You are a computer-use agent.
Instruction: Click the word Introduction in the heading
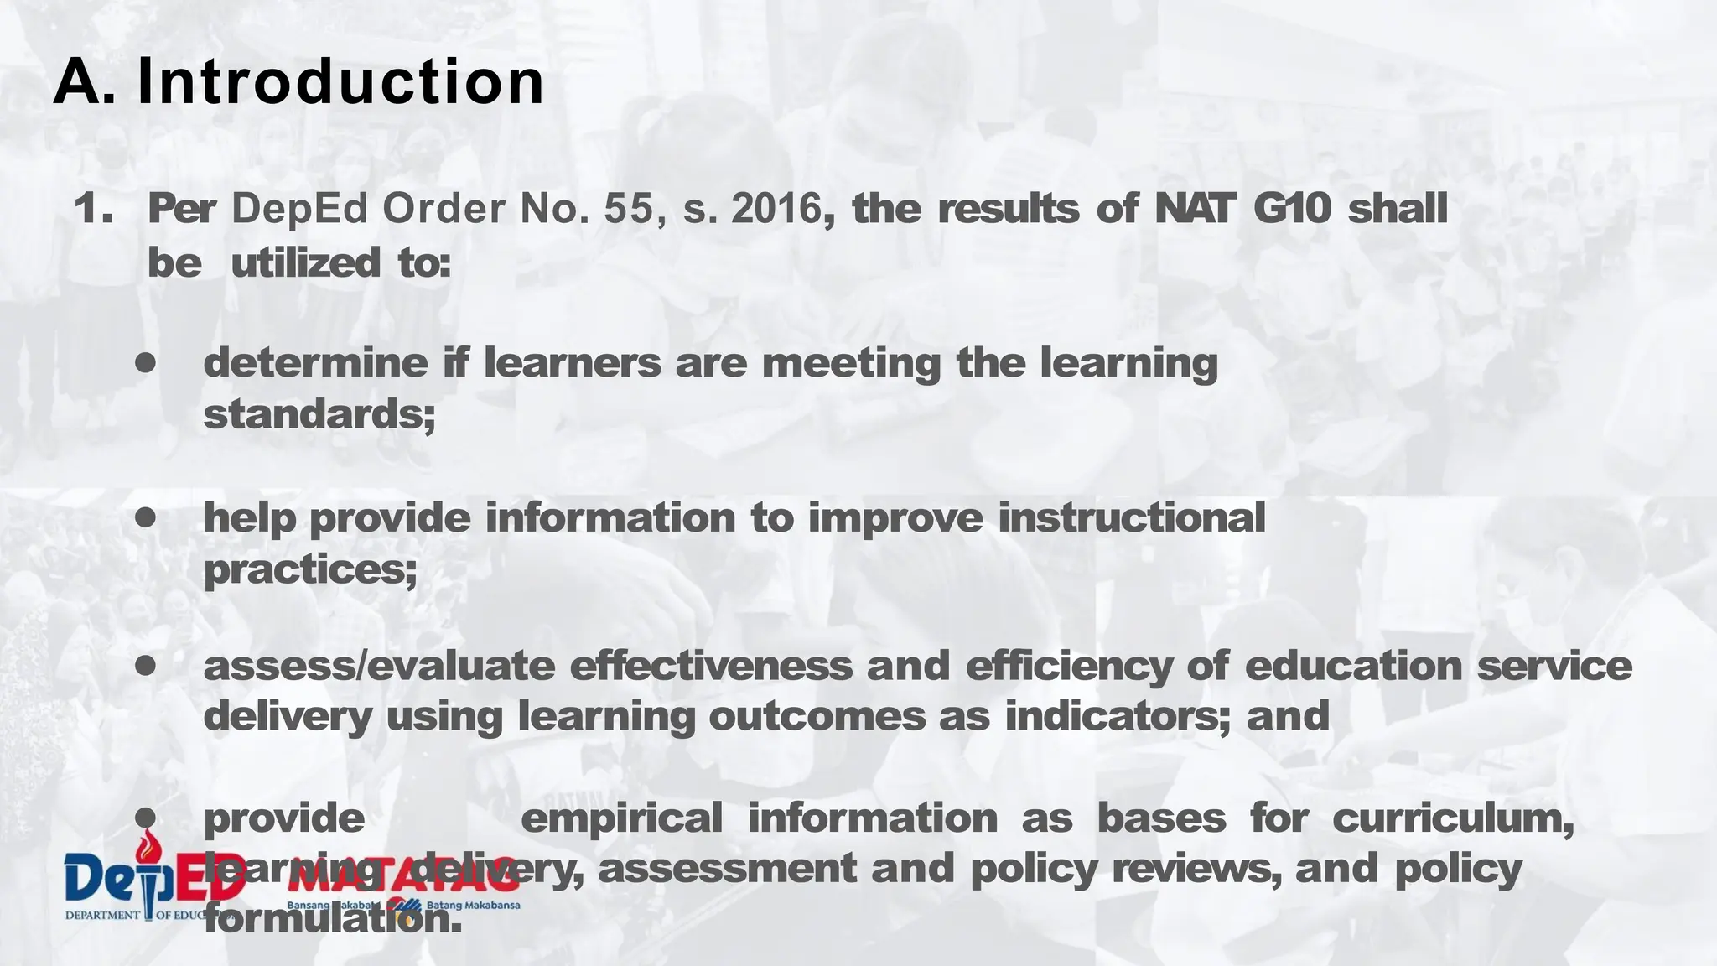click(340, 81)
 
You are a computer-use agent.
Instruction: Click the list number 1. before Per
click(93, 209)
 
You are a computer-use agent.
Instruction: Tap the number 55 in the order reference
click(628, 209)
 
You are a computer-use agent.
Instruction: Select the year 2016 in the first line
click(776, 209)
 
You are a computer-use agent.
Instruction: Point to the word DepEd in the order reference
click(299, 209)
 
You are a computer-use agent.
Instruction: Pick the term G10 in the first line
click(1292, 209)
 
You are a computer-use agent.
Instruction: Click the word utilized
click(305, 263)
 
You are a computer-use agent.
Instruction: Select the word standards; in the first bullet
click(319, 414)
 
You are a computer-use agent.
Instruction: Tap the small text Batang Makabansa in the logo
click(473, 906)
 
